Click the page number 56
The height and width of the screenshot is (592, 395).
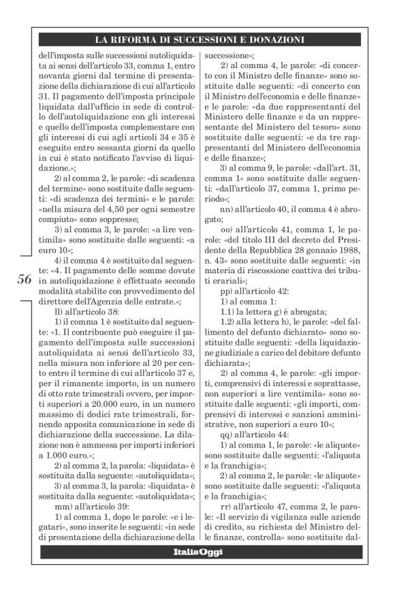pos(24,280)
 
